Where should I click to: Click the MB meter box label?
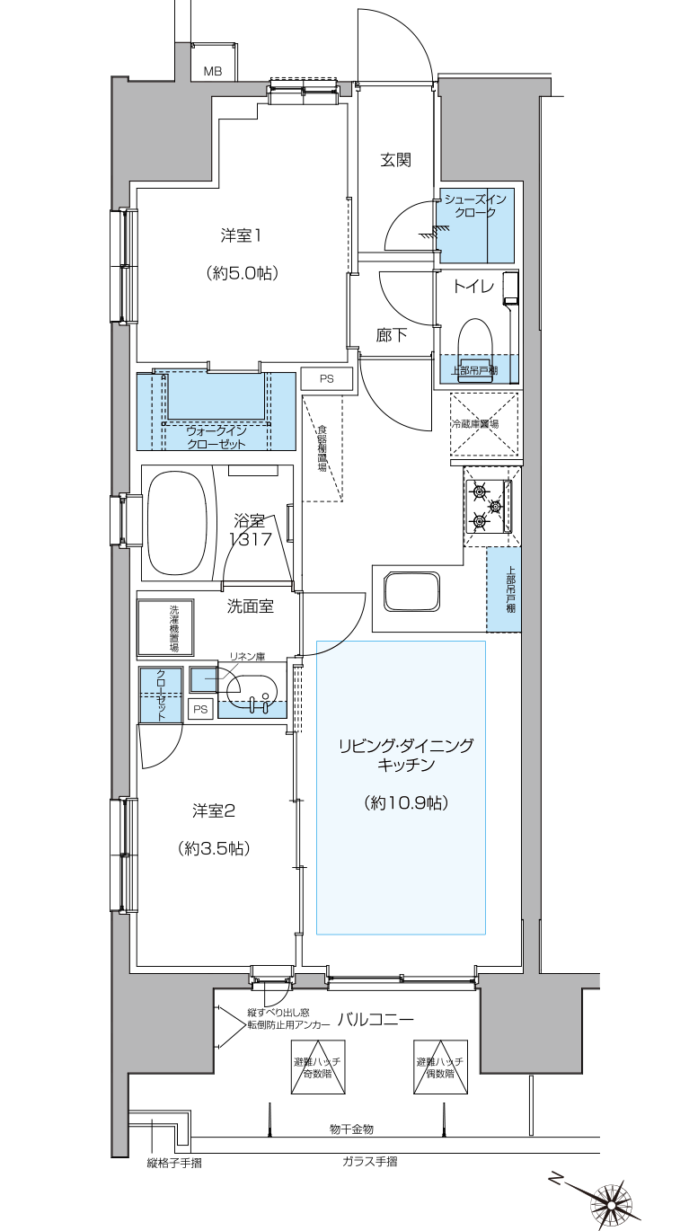213,72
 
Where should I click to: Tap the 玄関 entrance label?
395,160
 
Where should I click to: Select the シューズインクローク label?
474,206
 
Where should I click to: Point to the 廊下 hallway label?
391,334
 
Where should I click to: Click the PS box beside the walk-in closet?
326,378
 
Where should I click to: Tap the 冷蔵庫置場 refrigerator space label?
475,424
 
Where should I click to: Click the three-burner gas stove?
489,506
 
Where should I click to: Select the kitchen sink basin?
412,591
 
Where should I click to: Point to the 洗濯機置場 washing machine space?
165,627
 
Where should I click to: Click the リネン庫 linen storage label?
247,657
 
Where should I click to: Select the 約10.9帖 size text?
406,803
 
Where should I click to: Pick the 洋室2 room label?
214,810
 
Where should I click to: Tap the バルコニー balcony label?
375,1020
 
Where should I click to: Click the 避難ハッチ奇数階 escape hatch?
318,1067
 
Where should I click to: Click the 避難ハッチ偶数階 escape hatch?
441,1067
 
